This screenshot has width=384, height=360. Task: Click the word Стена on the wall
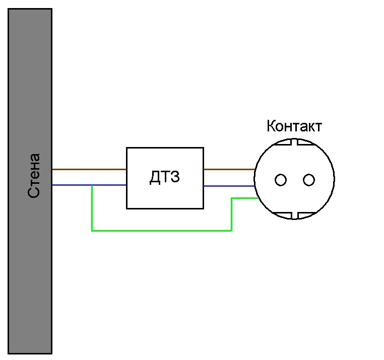pos(34,176)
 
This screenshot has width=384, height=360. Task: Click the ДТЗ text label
pos(165,177)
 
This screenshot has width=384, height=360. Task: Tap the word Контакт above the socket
pos(294,126)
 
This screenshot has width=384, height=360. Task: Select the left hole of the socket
pos(281,180)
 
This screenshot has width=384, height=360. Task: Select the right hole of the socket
pos(309,180)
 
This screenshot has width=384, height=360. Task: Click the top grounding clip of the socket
pos(294,142)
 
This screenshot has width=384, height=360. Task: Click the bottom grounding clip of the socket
pos(294,215)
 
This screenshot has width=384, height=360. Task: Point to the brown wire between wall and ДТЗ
pos(89,169)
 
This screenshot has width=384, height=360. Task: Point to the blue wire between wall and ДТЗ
pos(89,185)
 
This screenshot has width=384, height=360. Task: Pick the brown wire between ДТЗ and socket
pos(229,169)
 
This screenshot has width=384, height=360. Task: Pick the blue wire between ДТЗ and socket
pos(229,186)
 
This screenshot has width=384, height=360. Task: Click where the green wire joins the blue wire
pos(92,185)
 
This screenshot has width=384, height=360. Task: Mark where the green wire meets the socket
pos(258,198)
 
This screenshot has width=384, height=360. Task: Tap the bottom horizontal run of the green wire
pos(162,231)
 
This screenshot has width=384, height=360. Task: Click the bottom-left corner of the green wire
pos(92,231)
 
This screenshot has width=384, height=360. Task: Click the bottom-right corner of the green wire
pos(231,231)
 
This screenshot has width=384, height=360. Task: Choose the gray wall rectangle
pos(30,181)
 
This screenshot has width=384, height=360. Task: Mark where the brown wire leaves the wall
pos(52,169)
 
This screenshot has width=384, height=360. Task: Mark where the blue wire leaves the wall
pos(52,185)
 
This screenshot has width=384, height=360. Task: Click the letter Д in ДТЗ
pos(155,177)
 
